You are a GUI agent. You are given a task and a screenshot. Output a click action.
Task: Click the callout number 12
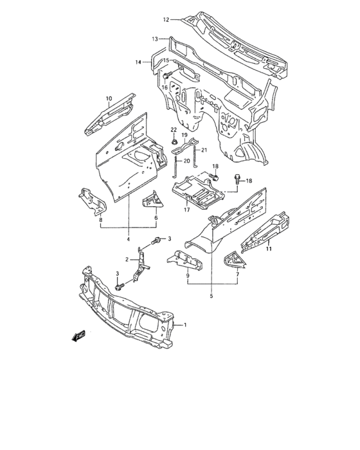pos(165,20)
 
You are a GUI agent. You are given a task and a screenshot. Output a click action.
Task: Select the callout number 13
pos(155,39)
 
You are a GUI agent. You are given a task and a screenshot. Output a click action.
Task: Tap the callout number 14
pos(138,62)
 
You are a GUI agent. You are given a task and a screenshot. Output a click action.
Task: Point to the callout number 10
pos(109,99)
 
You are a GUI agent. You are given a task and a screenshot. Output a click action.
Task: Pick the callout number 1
pos(186,325)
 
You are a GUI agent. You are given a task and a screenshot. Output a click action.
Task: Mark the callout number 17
pos(186,208)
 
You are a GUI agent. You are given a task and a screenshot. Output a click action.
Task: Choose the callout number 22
pos(174,130)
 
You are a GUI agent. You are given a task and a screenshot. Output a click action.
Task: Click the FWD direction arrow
pos(79,336)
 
